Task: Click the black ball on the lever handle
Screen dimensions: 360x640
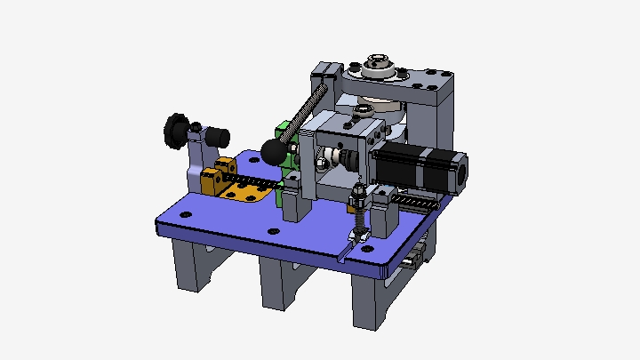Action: [273, 152]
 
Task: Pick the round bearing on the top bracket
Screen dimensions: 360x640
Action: [379, 66]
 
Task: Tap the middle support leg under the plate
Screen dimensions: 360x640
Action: [277, 284]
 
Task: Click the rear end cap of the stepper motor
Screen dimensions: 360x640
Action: [460, 172]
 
